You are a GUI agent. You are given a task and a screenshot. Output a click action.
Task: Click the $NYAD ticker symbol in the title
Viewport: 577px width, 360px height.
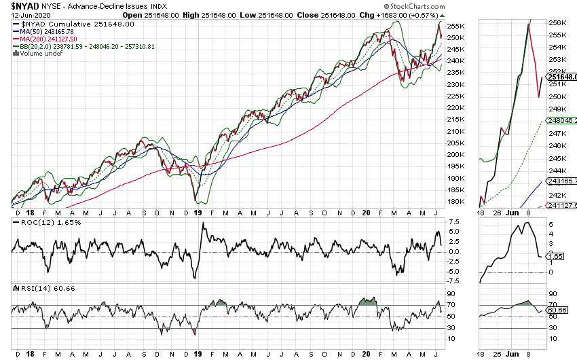point(24,6)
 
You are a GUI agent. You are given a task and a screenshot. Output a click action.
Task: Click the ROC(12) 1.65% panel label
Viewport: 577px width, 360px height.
point(38,222)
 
